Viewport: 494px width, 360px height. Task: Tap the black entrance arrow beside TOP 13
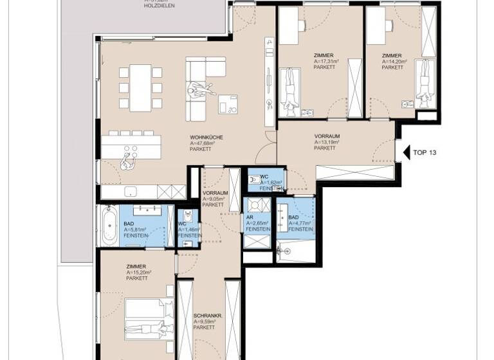coord(405,153)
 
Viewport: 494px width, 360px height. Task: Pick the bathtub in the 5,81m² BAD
coord(106,225)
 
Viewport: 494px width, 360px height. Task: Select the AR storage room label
coord(249,217)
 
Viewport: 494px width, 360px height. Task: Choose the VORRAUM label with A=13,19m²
coord(327,137)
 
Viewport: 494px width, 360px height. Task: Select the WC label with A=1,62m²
coord(264,177)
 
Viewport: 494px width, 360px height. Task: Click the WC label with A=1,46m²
coord(182,224)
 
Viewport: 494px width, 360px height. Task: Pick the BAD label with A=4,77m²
coord(293,218)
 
